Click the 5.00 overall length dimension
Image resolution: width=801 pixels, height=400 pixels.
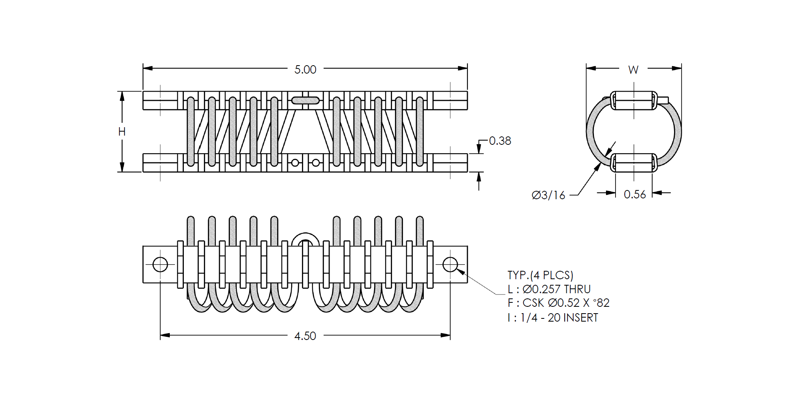[305, 70]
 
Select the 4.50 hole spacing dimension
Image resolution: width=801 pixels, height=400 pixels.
[305, 336]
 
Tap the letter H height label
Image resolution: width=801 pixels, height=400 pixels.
[122, 132]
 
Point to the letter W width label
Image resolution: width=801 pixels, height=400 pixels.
[633, 70]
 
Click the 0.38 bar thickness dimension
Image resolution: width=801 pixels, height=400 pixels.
[500, 141]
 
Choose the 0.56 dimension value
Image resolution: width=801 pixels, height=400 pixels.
[635, 194]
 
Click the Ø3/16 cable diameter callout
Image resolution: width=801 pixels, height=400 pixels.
[548, 195]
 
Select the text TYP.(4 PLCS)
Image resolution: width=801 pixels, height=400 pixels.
[540, 275]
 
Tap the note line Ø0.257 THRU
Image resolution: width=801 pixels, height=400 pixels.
[557, 289]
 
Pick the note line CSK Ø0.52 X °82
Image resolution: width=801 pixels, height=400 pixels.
[566, 303]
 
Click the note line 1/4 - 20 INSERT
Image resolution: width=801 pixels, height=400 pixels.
[559, 318]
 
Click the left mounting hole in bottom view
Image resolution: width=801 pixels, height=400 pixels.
[160, 264]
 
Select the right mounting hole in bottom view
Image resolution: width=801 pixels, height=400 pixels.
[450, 264]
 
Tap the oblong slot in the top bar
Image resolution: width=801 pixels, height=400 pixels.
[305, 100]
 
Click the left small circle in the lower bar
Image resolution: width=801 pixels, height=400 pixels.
[295, 163]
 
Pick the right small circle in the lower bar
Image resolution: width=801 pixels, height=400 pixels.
[316, 163]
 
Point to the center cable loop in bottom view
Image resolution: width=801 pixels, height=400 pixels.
[305, 234]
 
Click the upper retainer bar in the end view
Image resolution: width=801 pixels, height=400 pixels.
[634, 100]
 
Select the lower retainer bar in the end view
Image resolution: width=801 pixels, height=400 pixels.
[634, 163]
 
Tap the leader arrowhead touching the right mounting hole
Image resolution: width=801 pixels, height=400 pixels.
[461, 272]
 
